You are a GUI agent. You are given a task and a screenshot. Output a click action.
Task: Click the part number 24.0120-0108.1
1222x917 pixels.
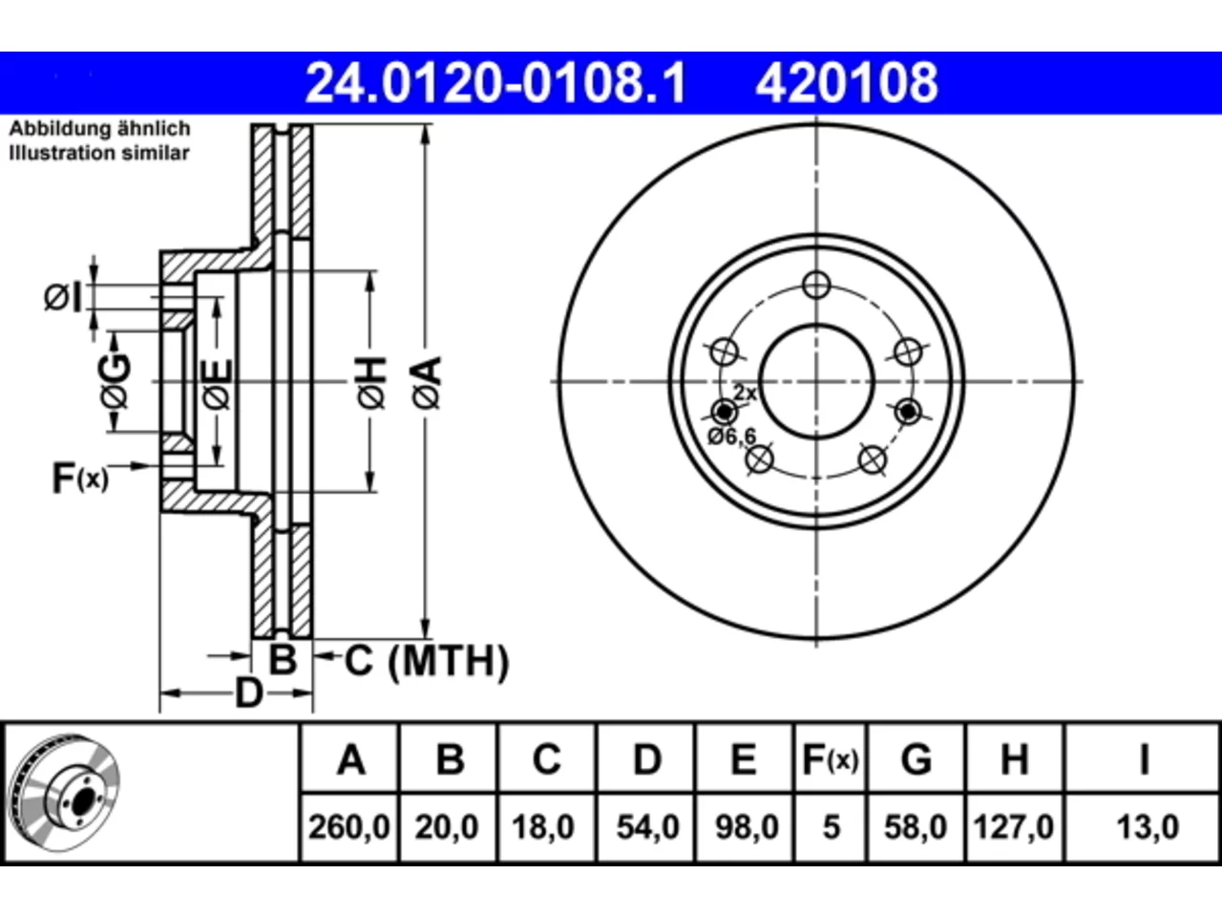click(x=495, y=83)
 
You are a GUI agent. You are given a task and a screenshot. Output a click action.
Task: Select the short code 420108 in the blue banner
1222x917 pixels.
click(x=846, y=83)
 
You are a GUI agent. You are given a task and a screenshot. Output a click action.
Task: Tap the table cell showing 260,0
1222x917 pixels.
click(x=349, y=827)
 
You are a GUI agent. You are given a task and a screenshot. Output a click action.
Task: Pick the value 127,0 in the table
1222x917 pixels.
click(x=1013, y=827)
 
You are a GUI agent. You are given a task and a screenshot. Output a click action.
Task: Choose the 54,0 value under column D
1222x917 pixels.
click(x=647, y=827)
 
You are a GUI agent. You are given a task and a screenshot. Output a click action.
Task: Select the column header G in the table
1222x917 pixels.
click(x=916, y=759)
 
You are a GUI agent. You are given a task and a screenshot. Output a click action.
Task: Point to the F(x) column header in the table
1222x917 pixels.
click(x=830, y=759)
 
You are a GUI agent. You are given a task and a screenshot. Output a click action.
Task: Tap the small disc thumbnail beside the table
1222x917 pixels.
click(x=65, y=793)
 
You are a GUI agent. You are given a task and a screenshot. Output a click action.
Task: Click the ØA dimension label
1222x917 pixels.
click(x=427, y=382)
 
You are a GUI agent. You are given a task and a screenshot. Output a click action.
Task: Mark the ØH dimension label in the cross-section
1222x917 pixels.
click(x=372, y=382)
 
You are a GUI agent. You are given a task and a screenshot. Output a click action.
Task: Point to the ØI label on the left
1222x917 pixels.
click(x=63, y=297)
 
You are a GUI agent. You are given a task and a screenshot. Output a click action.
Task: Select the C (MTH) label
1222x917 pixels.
click(x=427, y=661)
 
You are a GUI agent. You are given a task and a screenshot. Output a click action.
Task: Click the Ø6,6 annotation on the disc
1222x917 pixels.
click(x=731, y=437)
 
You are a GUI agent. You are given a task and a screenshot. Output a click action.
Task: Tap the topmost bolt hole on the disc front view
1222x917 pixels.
click(x=816, y=285)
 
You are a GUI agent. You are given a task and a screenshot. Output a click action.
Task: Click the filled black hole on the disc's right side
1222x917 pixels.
click(x=908, y=412)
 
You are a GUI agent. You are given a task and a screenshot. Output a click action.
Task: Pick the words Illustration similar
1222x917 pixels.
click(x=99, y=153)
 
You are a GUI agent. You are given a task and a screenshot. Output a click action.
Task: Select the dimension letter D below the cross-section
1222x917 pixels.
click(x=248, y=693)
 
